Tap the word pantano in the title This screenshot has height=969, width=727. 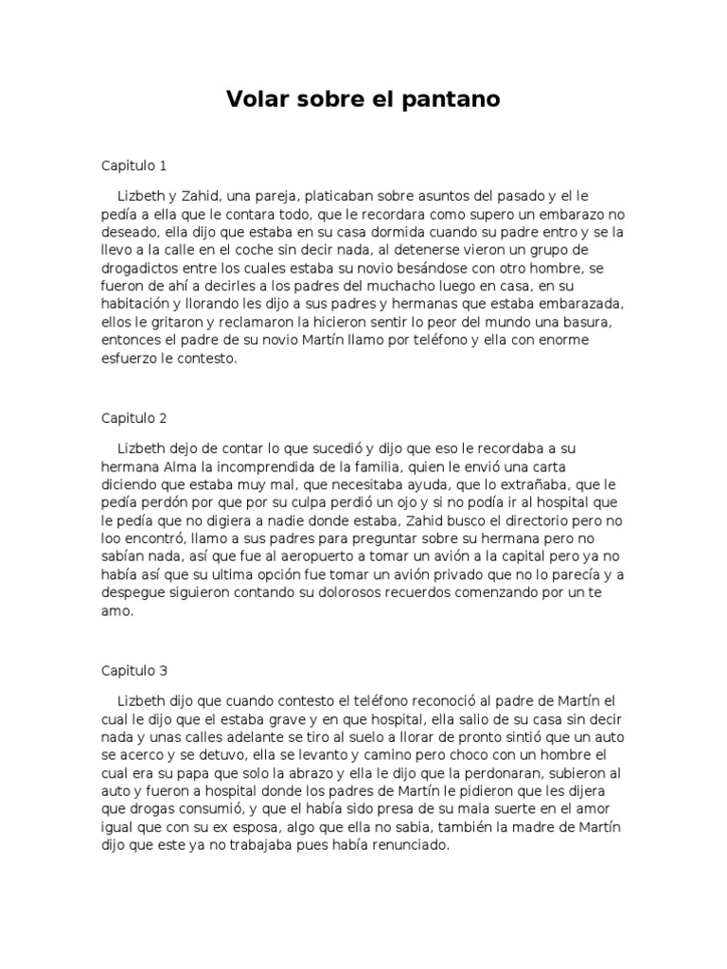(456, 98)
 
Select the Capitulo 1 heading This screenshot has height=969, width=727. (134, 166)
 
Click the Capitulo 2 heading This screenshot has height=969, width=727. (134, 417)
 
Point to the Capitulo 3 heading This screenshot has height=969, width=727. (134, 670)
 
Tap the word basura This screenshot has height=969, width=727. (586, 322)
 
